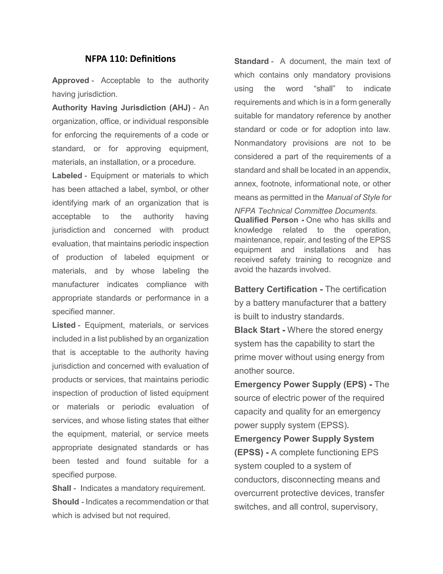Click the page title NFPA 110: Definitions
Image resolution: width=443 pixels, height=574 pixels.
click(130, 59)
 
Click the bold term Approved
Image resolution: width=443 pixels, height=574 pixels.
click(71, 80)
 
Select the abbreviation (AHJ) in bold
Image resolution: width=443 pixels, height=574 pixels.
click(180, 108)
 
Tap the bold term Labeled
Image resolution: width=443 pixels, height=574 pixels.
click(67, 176)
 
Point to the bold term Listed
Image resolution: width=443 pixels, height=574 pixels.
click(64, 325)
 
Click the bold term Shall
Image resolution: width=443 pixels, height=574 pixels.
click(62, 488)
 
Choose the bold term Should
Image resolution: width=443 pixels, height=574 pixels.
click(66, 502)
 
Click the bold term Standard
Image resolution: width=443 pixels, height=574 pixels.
click(251, 61)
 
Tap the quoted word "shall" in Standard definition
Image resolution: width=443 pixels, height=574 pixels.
click(325, 89)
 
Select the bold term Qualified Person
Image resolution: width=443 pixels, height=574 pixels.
click(266, 220)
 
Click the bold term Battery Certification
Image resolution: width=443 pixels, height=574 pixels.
click(276, 289)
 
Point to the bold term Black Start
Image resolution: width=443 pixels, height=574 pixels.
click(257, 330)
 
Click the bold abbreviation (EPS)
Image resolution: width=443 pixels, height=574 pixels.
click(355, 384)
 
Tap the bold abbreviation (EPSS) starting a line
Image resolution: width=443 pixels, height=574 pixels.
click(249, 452)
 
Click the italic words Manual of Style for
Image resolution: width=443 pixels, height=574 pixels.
click(358, 197)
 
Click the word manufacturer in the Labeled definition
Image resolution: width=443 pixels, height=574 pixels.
click(75, 284)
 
